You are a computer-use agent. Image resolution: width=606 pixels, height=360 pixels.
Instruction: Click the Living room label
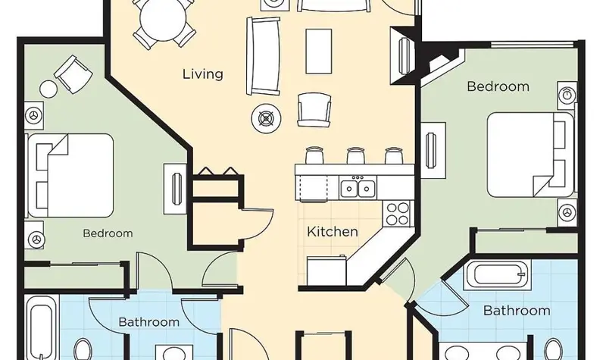point(202,74)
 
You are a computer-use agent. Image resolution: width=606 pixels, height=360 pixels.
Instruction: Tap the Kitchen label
point(332,232)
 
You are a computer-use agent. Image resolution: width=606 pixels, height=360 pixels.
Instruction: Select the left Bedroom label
point(108,233)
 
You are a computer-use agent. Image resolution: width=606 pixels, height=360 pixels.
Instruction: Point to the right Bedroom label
point(498,86)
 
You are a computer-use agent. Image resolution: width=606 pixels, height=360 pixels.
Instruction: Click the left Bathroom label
point(148,321)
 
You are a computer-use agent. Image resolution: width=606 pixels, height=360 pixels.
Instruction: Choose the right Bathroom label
point(517,311)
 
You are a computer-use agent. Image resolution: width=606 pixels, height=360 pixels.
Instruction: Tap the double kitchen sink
point(358,187)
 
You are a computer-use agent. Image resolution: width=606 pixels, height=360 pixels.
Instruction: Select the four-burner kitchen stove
point(397,214)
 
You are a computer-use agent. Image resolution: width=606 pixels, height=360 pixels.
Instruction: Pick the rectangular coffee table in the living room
point(319,51)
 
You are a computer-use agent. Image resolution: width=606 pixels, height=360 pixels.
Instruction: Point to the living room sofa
point(263,55)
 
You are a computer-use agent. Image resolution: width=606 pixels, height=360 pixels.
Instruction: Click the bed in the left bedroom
point(69,175)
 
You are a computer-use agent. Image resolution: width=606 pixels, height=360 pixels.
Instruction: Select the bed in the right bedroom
point(530,155)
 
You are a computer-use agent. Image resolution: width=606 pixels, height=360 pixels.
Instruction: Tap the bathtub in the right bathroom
point(496,274)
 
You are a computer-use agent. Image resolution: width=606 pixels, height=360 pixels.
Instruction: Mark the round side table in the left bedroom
point(48,89)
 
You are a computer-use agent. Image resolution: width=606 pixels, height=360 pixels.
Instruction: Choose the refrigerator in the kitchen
point(326,270)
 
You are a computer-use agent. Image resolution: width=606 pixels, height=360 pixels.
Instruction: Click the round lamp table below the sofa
point(266,118)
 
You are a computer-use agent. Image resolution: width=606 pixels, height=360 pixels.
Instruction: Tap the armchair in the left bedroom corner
point(73,74)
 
